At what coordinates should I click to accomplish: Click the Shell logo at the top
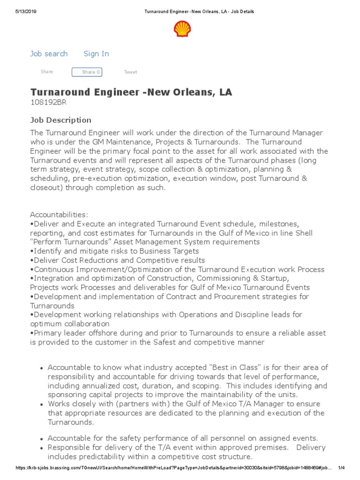click(x=182, y=29)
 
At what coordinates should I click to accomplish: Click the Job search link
click(x=49, y=54)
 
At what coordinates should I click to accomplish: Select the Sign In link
click(x=96, y=54)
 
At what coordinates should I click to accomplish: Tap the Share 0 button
click(x=87, y=72)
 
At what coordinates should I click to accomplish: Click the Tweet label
click(x=130, y=72)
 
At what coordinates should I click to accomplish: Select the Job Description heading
click(x=61, y=120)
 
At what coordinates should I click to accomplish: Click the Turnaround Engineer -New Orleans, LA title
click(x=131, y=92)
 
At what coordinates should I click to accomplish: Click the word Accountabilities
click(x=59, y=215)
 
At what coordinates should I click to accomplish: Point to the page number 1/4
click(x=341, y=468)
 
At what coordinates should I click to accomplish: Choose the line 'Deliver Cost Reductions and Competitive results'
click(x=118, y=260)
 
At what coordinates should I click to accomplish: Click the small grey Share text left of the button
click(x=47, y=72)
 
